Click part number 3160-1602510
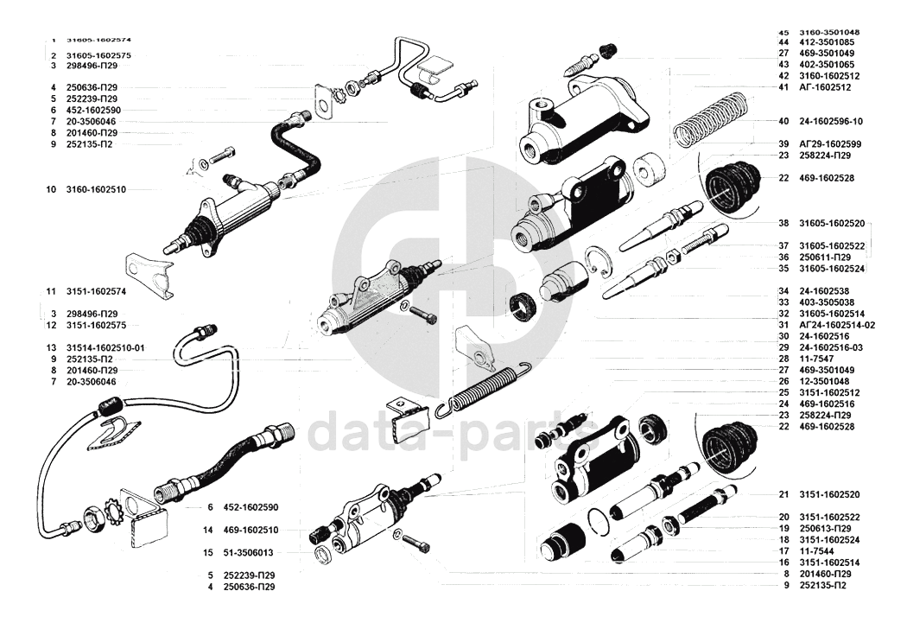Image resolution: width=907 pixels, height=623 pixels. (96, 188)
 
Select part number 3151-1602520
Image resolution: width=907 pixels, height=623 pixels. (830, 494)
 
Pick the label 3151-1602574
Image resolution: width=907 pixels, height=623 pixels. (96, 291)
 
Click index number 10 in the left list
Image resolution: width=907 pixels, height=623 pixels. (51, 188)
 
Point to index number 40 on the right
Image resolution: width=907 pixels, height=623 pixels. (783, 121)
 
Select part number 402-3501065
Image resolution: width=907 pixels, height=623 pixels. (827, 65)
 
